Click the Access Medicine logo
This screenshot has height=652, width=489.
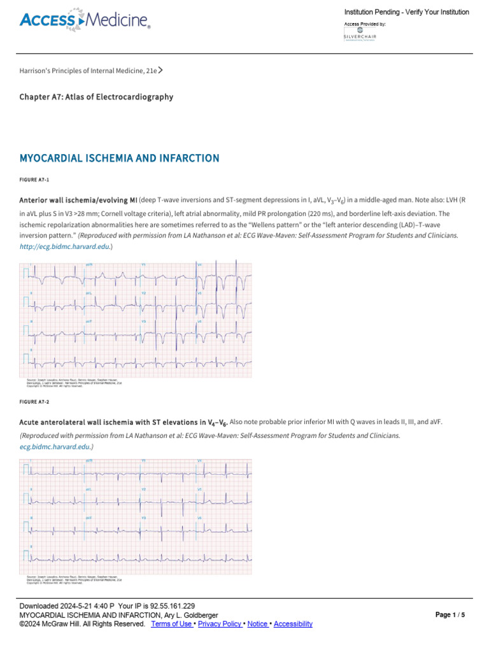point(85,21)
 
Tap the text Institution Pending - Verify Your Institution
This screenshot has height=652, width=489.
point(406,12)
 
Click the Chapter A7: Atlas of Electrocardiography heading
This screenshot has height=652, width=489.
point(96,97)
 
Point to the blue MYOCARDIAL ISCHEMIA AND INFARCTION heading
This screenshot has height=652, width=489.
point(120,158)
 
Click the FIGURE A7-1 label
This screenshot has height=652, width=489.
point(36,180)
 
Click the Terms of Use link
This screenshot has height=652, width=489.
point(173,624)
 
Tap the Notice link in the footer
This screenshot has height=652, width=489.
point(258,624)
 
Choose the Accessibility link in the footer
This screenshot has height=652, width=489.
point(293,624)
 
